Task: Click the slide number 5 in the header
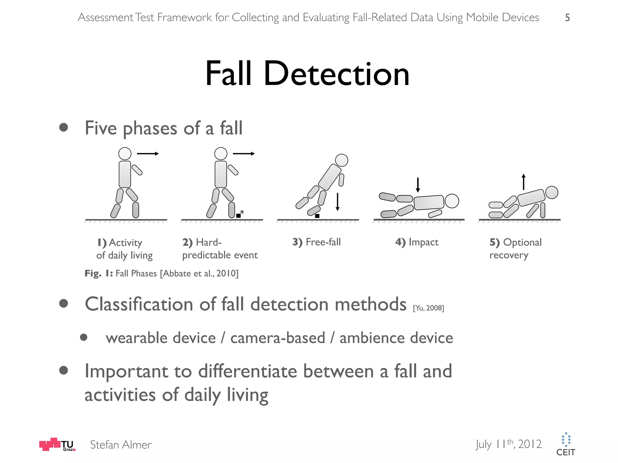(567, 18)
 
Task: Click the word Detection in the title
(336, 74)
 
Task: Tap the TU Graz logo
(57, 444)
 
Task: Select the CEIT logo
(566, 445)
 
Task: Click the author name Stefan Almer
(121, 445)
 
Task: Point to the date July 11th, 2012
(509, 444)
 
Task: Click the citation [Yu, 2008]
(428, 308)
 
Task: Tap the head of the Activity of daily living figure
(125, 154)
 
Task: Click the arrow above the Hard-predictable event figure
(244, 154)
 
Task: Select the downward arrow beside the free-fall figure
(337, 202)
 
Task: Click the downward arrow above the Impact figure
(418, 185)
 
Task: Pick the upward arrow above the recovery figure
(524, 182)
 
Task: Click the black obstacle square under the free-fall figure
(317, 216)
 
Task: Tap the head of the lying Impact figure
(452, 201)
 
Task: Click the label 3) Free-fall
(317, 242)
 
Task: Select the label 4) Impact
(417, 242)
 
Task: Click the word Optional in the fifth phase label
(522, 242)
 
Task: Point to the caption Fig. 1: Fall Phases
(161, 273)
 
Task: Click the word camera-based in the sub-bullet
(278, 338)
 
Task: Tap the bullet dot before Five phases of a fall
(64, 127)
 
